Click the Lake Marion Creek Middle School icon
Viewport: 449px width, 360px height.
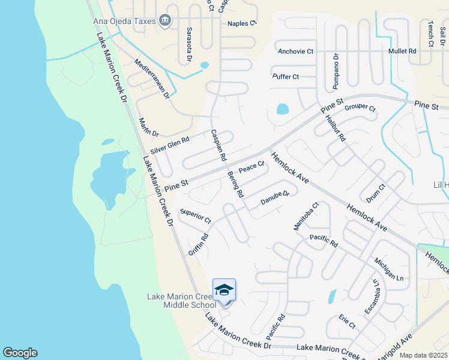224,290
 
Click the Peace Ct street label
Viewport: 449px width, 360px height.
252,167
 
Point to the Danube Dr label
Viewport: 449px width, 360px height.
275,198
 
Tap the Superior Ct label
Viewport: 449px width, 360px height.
196,216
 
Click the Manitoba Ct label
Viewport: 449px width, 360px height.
306,216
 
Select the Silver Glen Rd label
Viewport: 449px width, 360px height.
170,145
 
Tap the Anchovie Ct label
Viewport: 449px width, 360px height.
295,52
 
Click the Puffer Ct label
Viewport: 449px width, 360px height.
286,77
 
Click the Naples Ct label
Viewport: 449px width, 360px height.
242,23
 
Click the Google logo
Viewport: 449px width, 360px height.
20,353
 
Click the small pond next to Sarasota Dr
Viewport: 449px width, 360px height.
204,65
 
